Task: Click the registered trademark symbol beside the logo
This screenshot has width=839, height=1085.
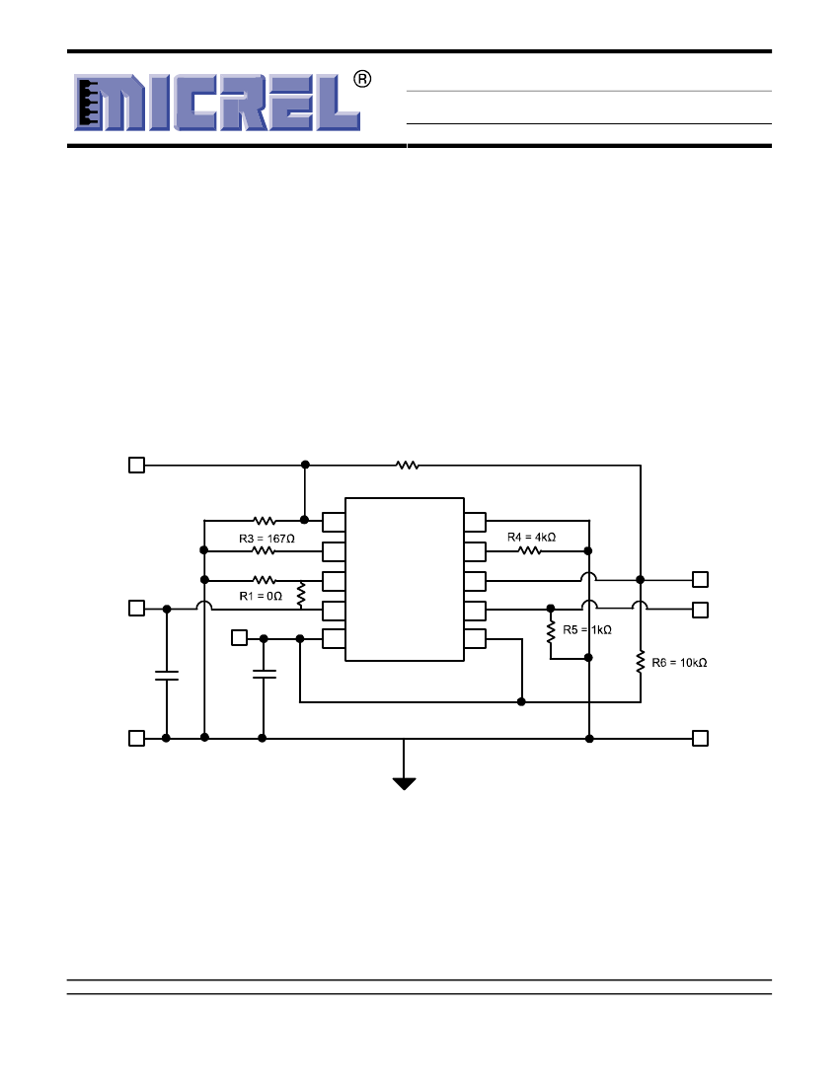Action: pos(362,79)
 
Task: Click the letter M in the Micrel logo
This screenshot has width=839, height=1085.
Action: pos(110,103)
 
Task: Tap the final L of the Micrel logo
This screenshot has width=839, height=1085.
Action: pos(339,103)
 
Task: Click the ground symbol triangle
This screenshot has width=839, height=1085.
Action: pos(405,783)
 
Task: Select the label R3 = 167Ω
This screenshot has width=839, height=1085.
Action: pos(267,539)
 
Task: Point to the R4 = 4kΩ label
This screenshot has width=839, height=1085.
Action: pos(532,537)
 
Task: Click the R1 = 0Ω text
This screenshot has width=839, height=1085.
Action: pos(261,596)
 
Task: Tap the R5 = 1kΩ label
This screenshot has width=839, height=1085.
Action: pos(587,629)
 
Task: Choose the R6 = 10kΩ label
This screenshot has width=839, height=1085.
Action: pos(679,662)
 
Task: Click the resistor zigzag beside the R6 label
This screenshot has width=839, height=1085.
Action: pos(641,661)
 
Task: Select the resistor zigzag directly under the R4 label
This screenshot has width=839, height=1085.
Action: pos(530,550)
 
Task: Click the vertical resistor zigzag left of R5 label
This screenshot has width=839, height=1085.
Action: pos(551,631)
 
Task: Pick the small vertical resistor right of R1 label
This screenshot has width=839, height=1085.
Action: pos(300,596)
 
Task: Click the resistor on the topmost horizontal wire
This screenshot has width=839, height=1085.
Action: pos(408,465)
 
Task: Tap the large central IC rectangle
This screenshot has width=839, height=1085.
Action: pos(405,579)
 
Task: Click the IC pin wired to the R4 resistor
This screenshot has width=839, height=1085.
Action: pos(475,551)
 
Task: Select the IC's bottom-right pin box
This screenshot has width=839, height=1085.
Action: pos(475,639)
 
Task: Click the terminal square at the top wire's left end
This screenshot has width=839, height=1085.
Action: pos(137,465)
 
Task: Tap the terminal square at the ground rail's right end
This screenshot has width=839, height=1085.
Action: pos(701,739)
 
